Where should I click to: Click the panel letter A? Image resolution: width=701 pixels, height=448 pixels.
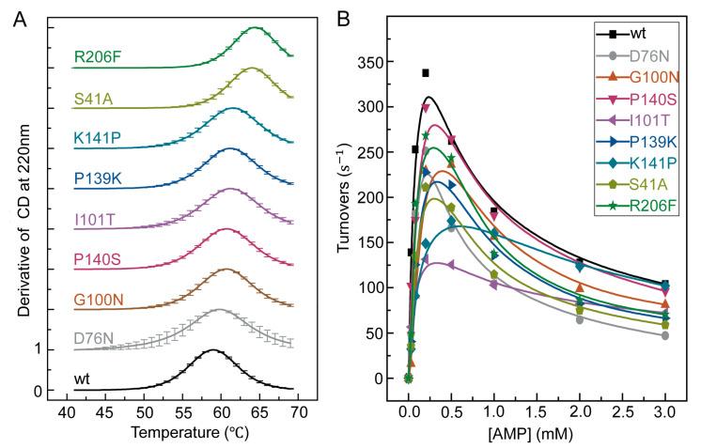click(x=15, y=17)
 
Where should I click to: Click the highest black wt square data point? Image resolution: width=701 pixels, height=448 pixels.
click(x=426, y=72)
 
